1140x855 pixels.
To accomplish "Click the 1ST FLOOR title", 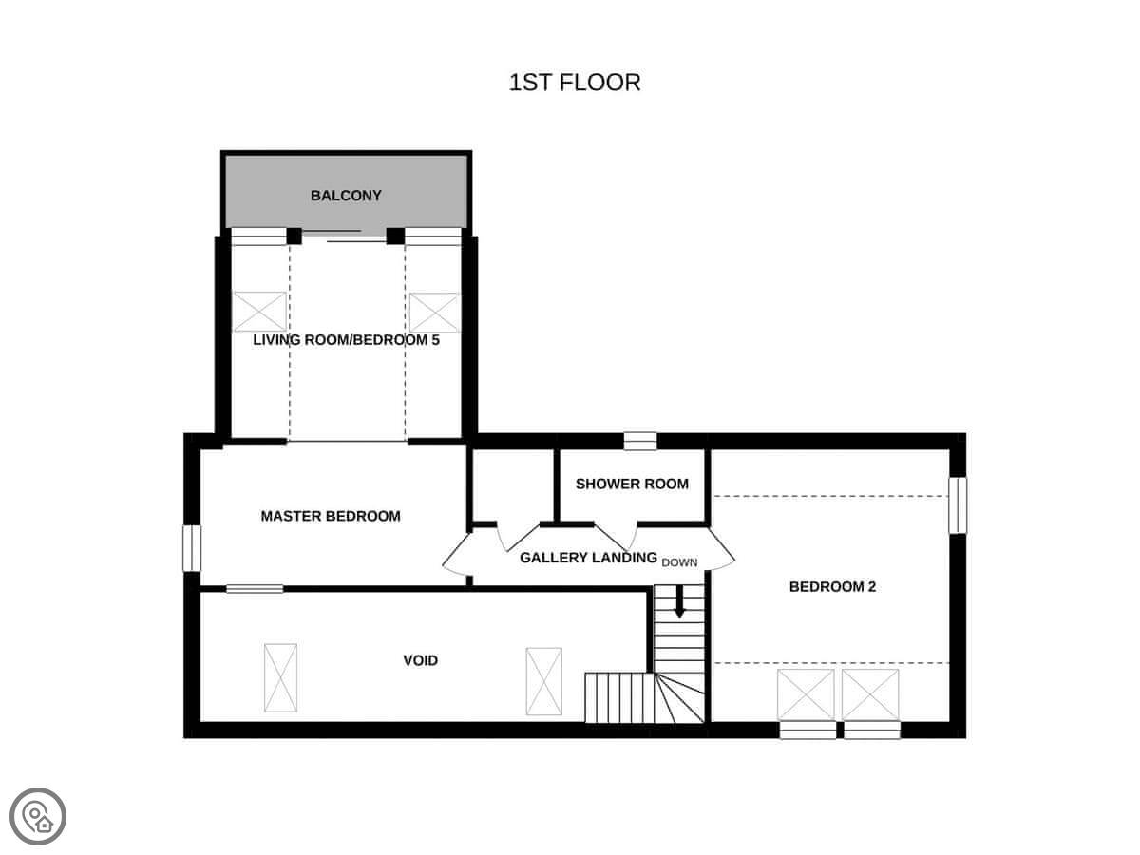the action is [575, 83].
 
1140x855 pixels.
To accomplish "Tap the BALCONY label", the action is [346, 196].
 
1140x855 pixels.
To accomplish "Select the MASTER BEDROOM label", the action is [331, 516].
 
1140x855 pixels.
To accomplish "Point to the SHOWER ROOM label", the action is [632, 484].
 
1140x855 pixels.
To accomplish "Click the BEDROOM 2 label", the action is [832, 586].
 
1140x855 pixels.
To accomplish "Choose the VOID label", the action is [421, 660].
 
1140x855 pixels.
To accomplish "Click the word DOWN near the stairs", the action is [679, 562].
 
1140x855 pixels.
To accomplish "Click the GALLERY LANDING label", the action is [588, 558].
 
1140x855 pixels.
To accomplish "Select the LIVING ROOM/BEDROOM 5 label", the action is [346, 340].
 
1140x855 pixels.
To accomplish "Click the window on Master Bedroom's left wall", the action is [192, 548].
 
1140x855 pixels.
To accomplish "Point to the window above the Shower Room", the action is [640, 441].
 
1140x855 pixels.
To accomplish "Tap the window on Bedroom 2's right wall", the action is [958, 505].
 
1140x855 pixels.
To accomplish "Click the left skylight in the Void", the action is [280, 677].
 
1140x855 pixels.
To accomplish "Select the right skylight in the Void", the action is [543, 681].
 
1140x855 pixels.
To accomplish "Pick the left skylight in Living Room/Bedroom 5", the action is [259, 312].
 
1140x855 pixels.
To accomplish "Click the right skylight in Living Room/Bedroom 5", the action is [433, 313].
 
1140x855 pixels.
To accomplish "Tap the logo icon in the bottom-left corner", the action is [38, 816].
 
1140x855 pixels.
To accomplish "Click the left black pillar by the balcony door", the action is [294, 237].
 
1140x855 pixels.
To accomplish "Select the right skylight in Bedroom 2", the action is [870, 694].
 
